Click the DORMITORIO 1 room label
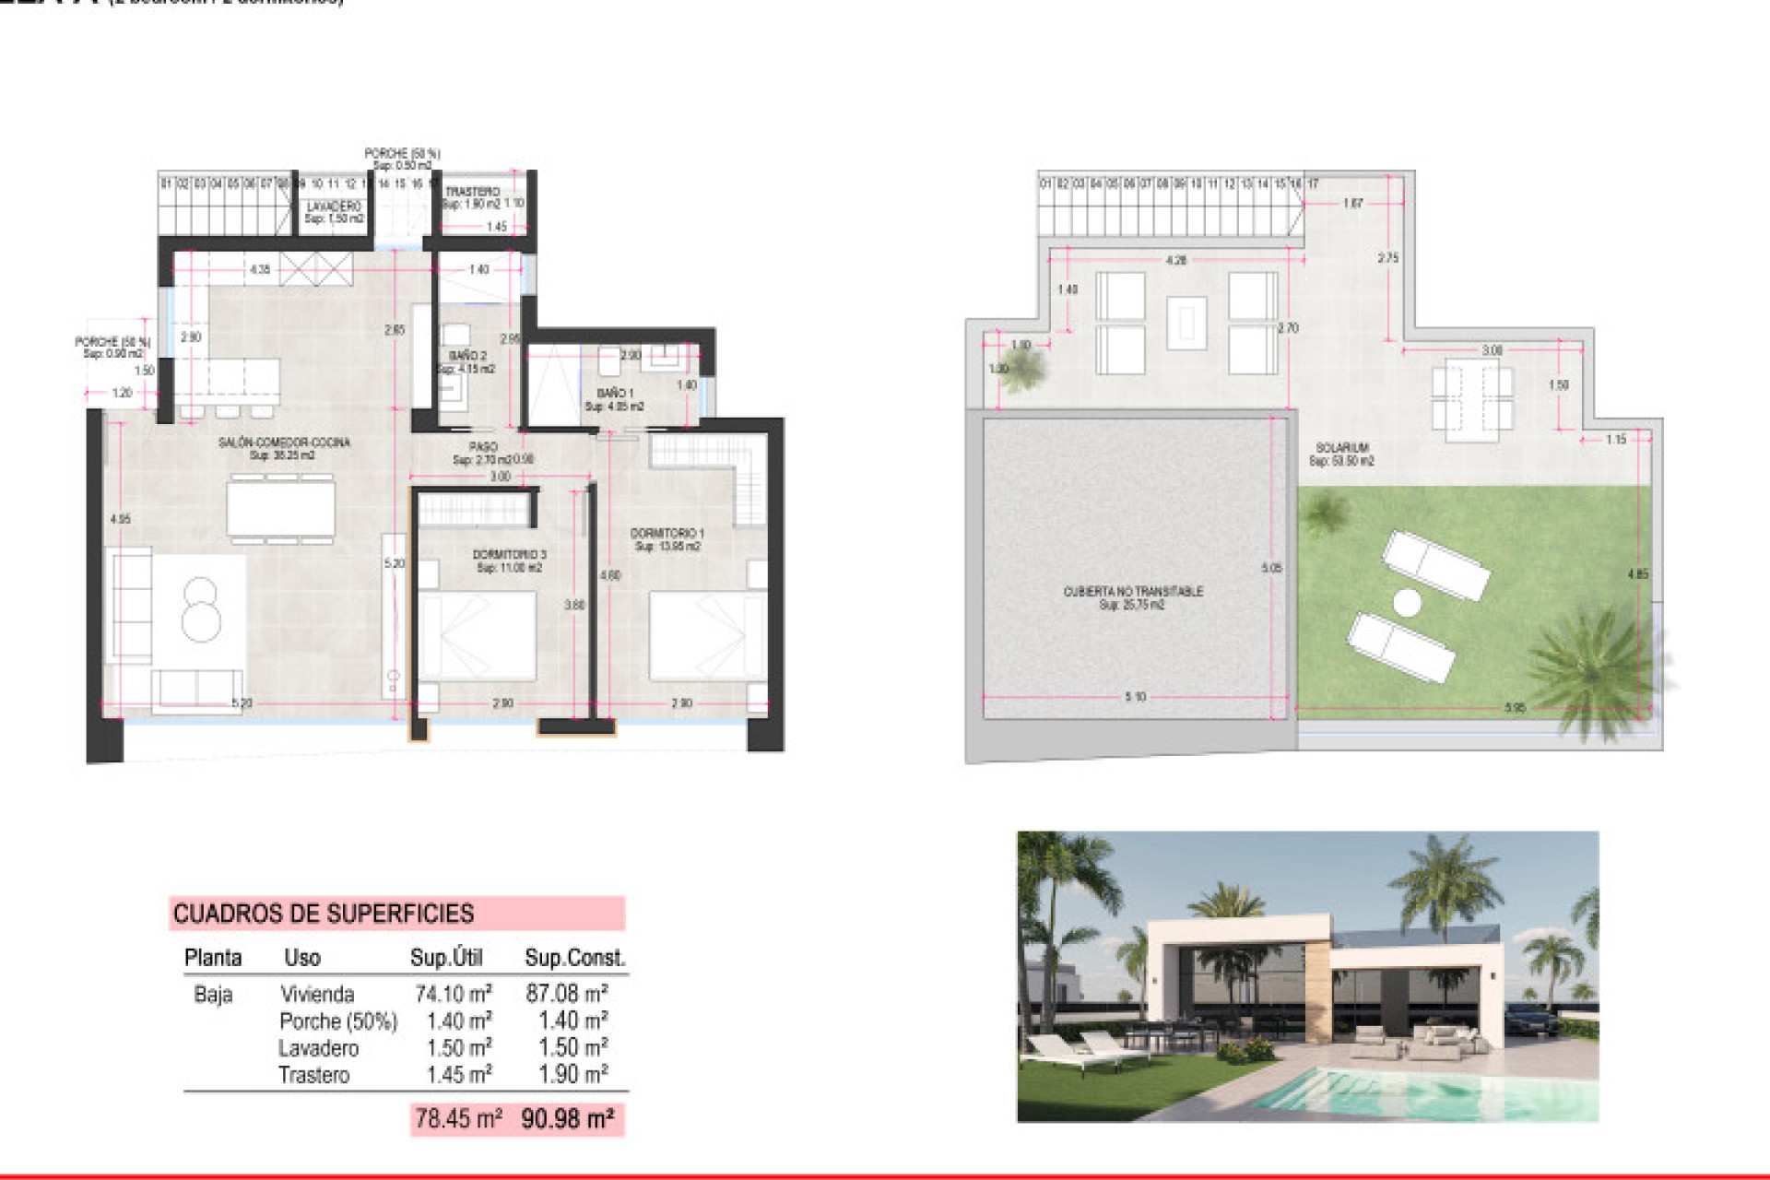667,534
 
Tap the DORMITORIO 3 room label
509,555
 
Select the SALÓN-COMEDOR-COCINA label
284,443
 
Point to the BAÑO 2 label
467,356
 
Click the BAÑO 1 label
615,394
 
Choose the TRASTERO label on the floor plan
472,192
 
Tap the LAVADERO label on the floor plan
334,206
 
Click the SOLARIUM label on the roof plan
1341,448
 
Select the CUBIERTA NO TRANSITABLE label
1133,592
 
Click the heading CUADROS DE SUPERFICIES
324,914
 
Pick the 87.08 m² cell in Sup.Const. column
566,994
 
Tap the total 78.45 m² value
458,1119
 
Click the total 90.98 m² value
568,1119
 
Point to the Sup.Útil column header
446,958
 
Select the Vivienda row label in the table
317,995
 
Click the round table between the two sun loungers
1407,603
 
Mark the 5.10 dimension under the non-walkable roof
1135,697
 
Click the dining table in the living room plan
281,508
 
